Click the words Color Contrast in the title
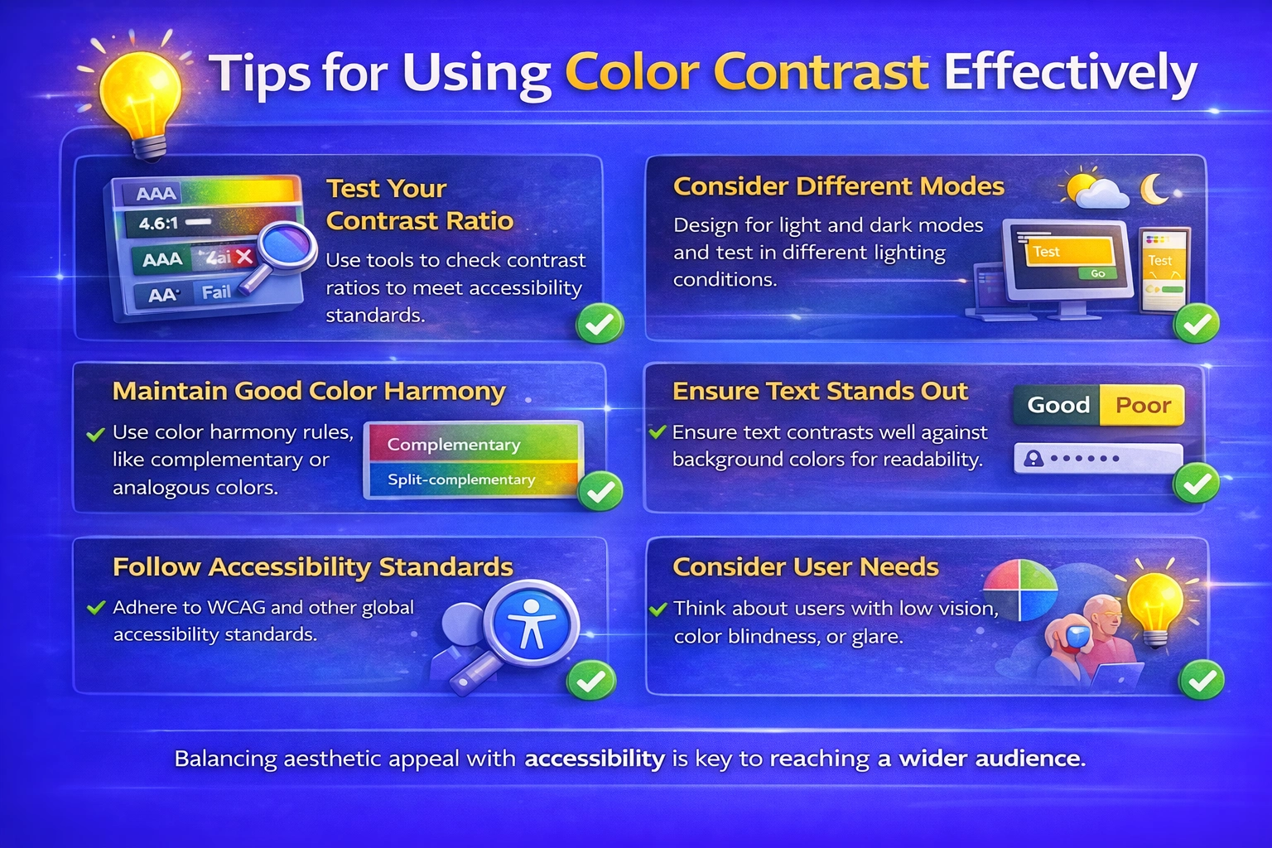[745, 73]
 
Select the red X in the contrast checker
[244, 258]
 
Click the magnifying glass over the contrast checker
[286, 248]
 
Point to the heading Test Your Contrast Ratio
[419, 205]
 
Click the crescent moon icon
[1154, 189]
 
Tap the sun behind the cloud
[1079, 186]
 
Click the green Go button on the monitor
[1097, 273]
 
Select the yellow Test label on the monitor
[1046, 252]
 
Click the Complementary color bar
[472, 444]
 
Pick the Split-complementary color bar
[472, 479]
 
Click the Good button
[1058, 405]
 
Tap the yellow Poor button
[1143, 405]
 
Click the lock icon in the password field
[1033, 458]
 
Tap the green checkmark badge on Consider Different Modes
[1197, 324]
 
